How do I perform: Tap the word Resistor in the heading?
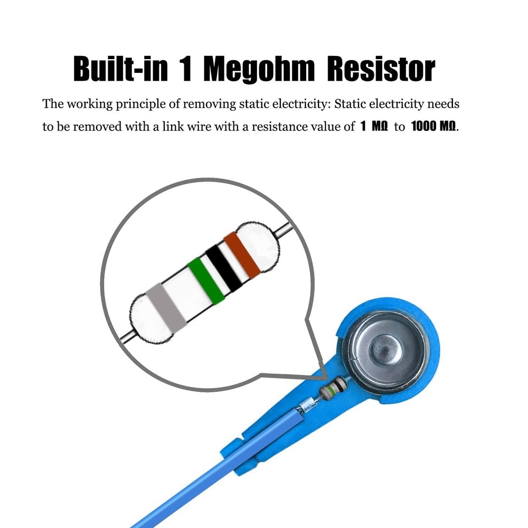[x=381, y=69]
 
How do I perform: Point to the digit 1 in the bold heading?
[x=187, y=69]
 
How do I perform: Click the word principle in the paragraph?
[x=139, y=104]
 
